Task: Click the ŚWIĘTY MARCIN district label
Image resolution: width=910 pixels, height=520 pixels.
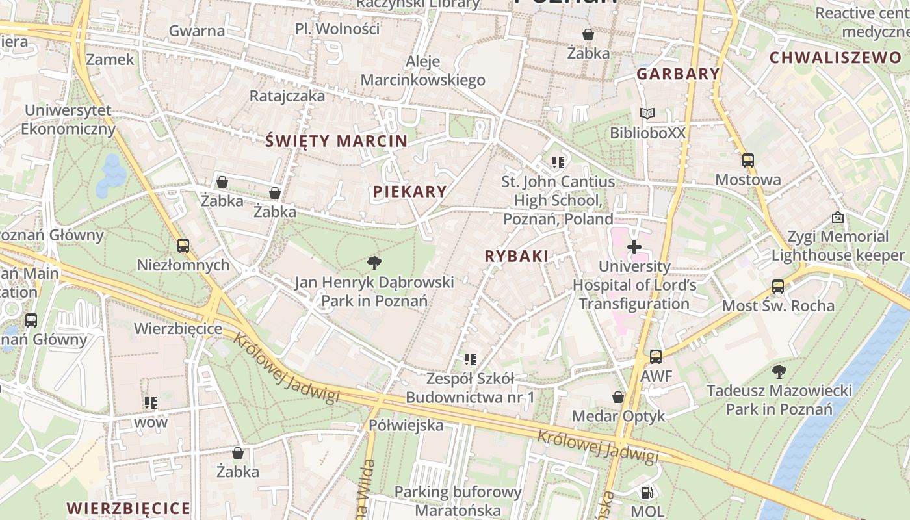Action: [337, 140]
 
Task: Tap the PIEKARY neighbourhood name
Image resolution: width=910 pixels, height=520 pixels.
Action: [409, 191]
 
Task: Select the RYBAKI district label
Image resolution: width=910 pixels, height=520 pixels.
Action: [516, 256]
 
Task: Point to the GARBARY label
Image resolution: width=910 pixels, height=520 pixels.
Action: [678, 73]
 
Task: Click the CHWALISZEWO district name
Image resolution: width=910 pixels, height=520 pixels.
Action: [835, 57]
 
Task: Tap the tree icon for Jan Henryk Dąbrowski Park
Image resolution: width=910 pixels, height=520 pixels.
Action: [374, 263]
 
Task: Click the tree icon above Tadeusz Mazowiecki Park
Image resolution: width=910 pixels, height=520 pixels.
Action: [779, 372]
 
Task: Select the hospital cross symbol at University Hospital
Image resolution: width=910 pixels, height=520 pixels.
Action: [634, 247]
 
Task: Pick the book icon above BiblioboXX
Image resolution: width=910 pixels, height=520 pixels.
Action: [647, 114]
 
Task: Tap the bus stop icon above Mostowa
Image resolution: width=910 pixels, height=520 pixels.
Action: [748, 161]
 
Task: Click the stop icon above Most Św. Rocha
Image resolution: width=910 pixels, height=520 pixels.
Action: [778, 286]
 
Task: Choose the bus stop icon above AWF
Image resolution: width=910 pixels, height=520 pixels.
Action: [656, 357]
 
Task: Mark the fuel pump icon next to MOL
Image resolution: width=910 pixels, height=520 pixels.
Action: [647, 493]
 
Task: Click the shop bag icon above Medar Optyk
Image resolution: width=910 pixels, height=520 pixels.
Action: [618, 396]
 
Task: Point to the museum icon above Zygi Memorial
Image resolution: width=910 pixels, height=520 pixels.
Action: [838, 217]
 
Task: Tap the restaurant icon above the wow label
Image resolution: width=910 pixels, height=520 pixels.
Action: [151, 403]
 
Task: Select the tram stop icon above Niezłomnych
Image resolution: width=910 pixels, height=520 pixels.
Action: [183, 246]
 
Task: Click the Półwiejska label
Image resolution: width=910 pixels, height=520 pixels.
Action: [406, 425]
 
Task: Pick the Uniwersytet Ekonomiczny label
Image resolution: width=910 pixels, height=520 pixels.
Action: [68, 120]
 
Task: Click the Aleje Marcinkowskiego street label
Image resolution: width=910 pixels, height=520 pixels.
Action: [423, 71]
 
